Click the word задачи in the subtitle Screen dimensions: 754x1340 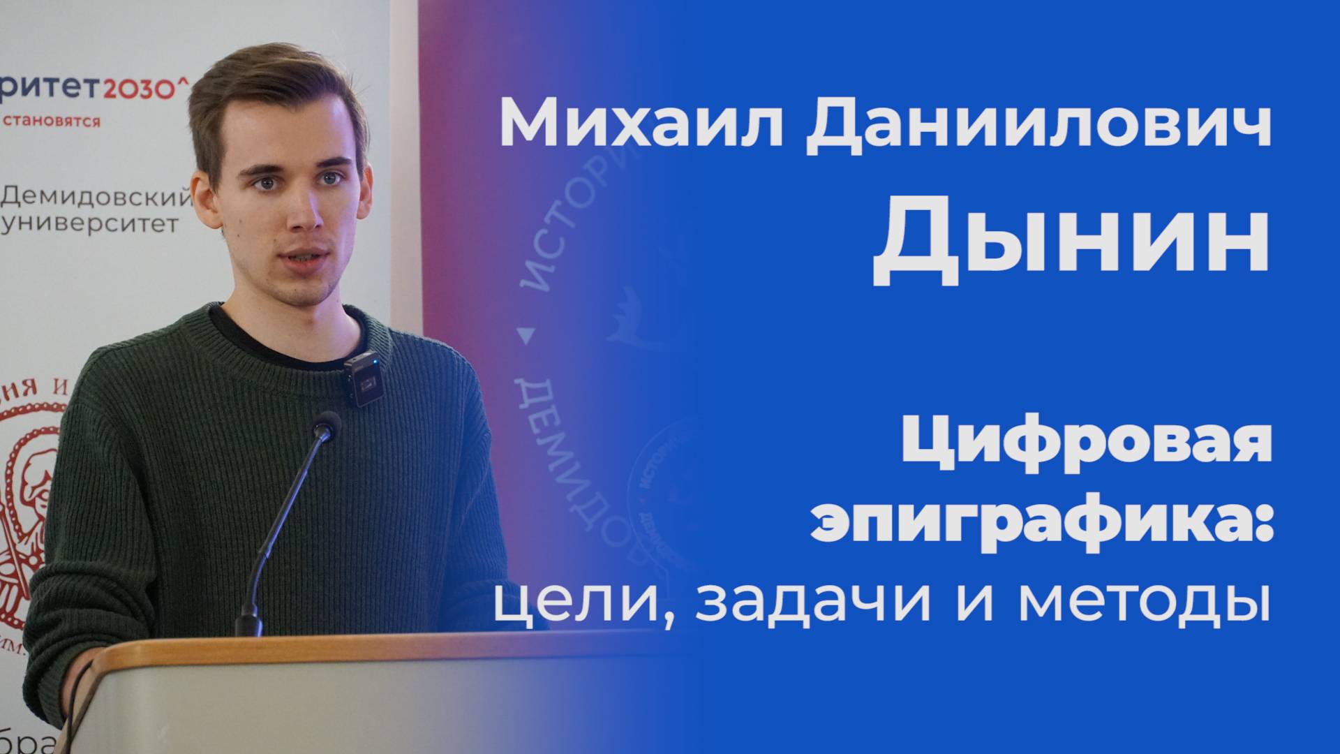(x=813, y=600)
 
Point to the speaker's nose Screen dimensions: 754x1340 (x=304, y=213)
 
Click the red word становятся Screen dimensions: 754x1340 (x=52, y=121)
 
